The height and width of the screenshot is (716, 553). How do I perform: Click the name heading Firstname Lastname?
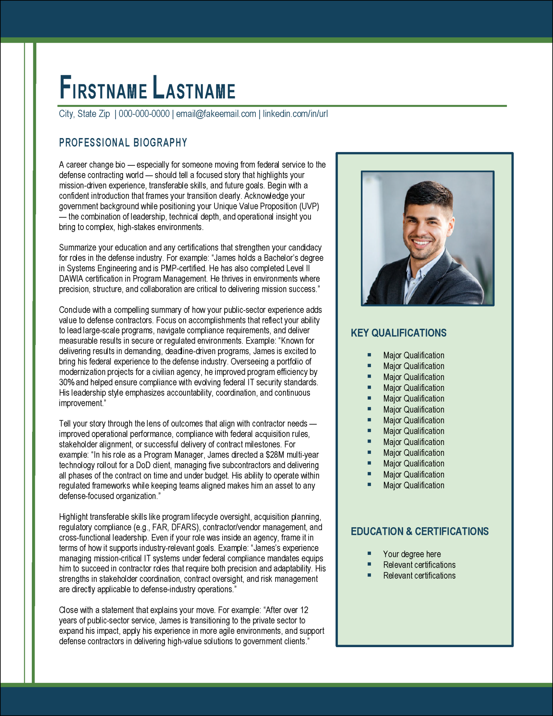(x=147, y=87)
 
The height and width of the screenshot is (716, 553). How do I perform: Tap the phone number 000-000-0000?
(x=144, y=114)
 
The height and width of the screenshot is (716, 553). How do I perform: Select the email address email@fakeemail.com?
(x=216, y=114)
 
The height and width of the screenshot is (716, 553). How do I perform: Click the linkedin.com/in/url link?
(x=295, y=114)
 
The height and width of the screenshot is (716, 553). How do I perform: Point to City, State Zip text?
(x=84, y=114)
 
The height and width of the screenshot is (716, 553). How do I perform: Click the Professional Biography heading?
(x=123, y=143)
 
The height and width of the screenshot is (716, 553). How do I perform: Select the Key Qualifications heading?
(x=399, y=333)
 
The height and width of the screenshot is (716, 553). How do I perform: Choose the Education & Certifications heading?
(x=420, y=531)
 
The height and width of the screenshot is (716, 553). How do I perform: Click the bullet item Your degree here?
(x=412, y=554)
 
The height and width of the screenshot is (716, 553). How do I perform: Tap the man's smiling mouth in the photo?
(x=422, y=243)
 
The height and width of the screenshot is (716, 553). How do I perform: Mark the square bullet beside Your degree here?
(x=369, y=553)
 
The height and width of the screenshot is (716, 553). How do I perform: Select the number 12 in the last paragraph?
(x=304, y=610)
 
